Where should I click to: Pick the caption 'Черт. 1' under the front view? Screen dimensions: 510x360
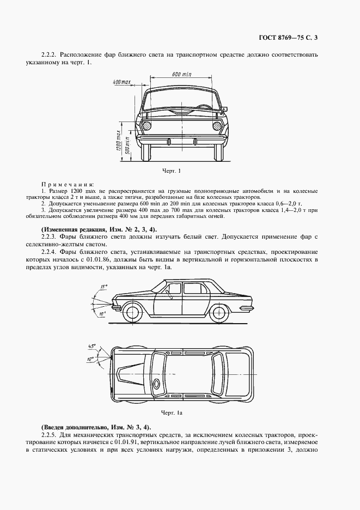171,171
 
